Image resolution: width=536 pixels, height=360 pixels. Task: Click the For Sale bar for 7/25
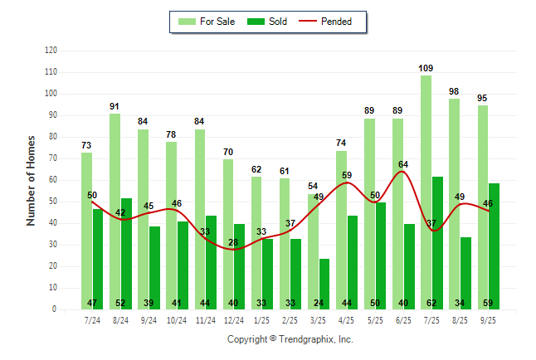coord(426,191)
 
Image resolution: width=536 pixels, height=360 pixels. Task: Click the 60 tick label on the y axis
coord(52,180)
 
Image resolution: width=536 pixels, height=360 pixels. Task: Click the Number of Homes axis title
coord(32,180)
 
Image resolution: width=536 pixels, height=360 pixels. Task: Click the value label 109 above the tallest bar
coord(426,68)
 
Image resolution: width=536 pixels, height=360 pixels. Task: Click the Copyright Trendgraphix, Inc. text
coord(290,339)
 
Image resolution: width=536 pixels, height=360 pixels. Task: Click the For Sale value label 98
coord(454,91)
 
